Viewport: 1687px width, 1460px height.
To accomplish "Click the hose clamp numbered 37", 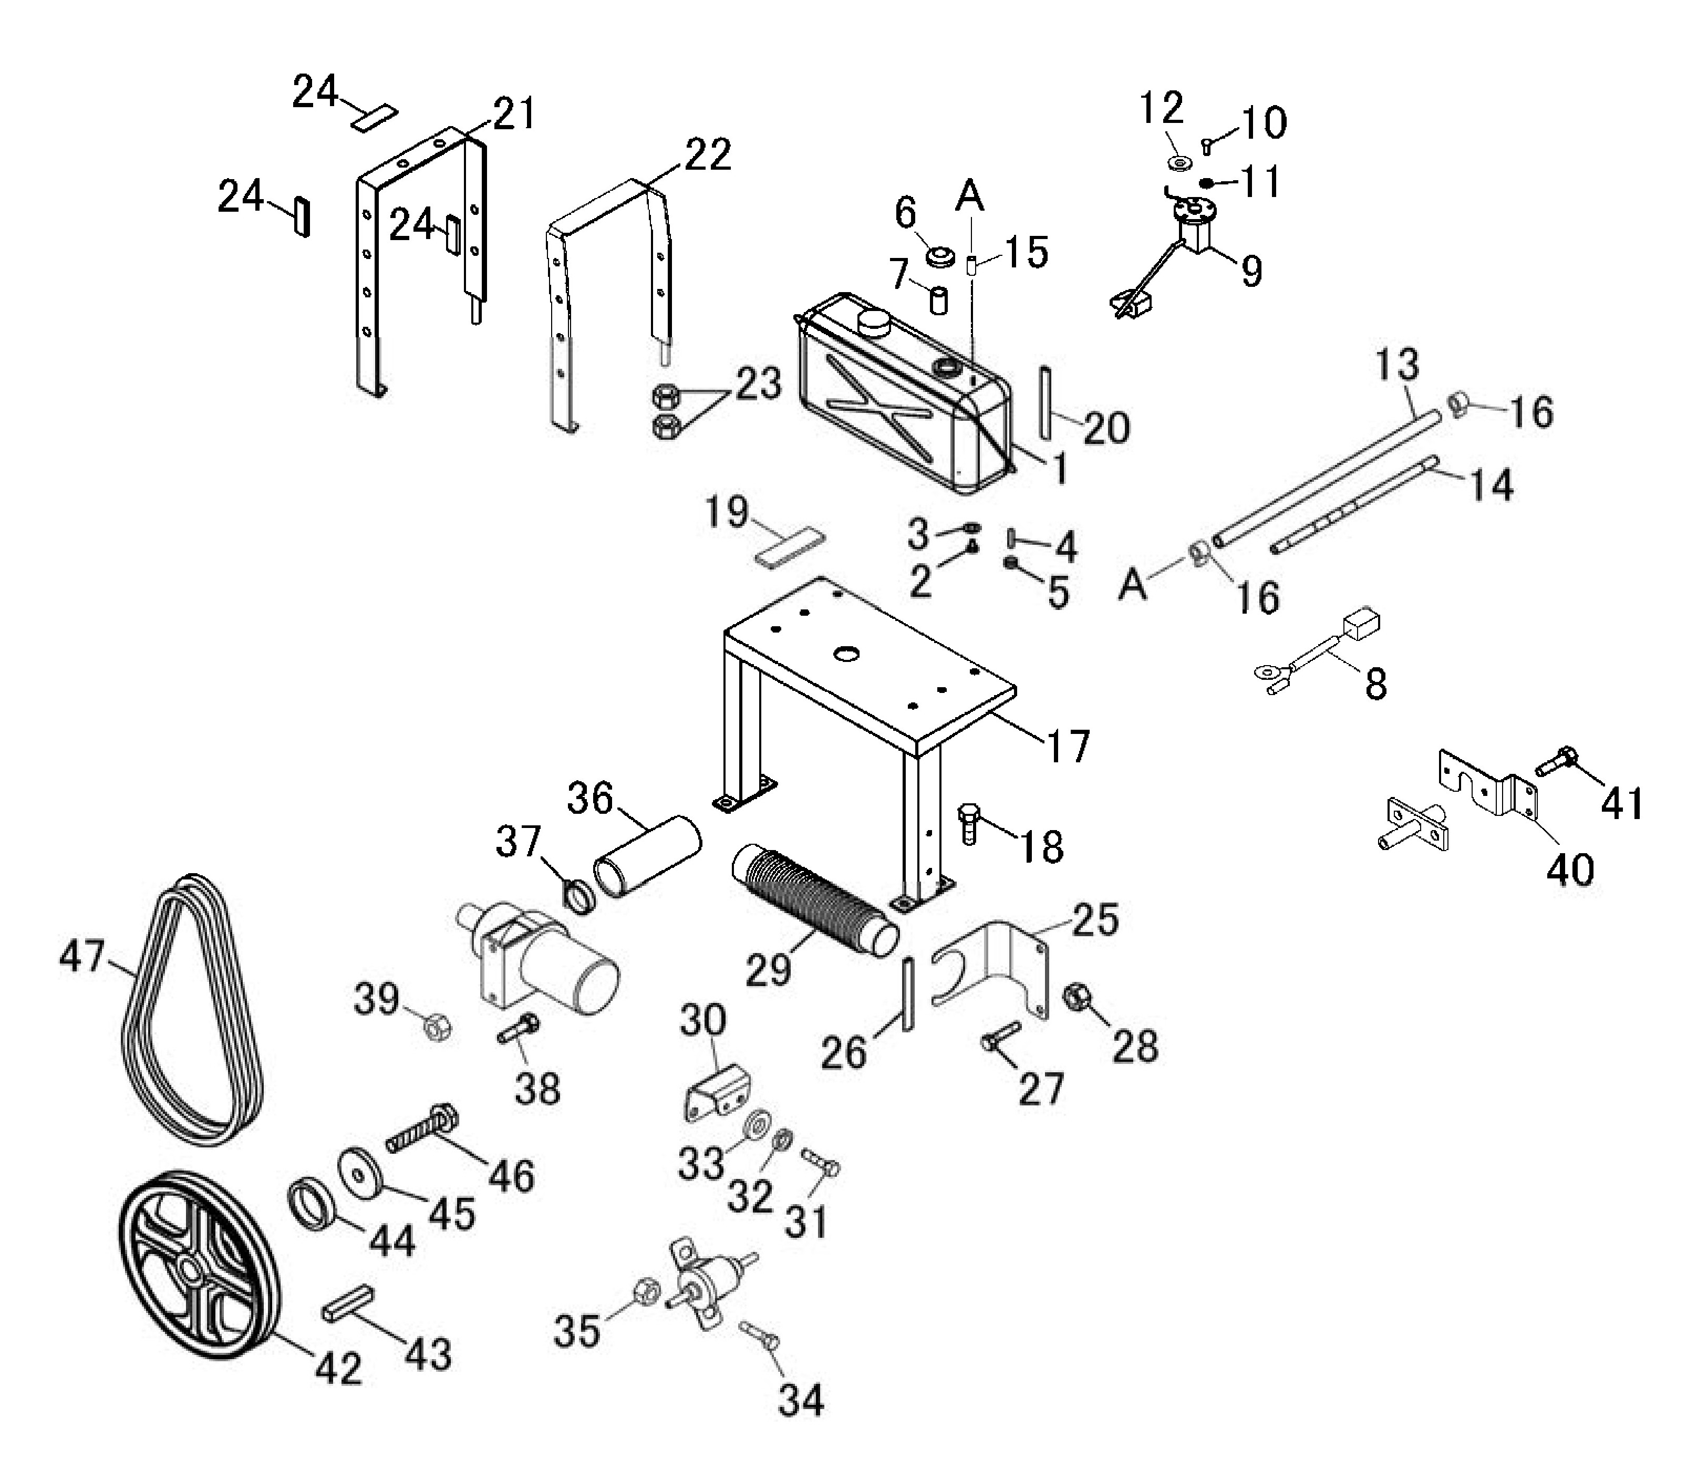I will click(x=578, y=896).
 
